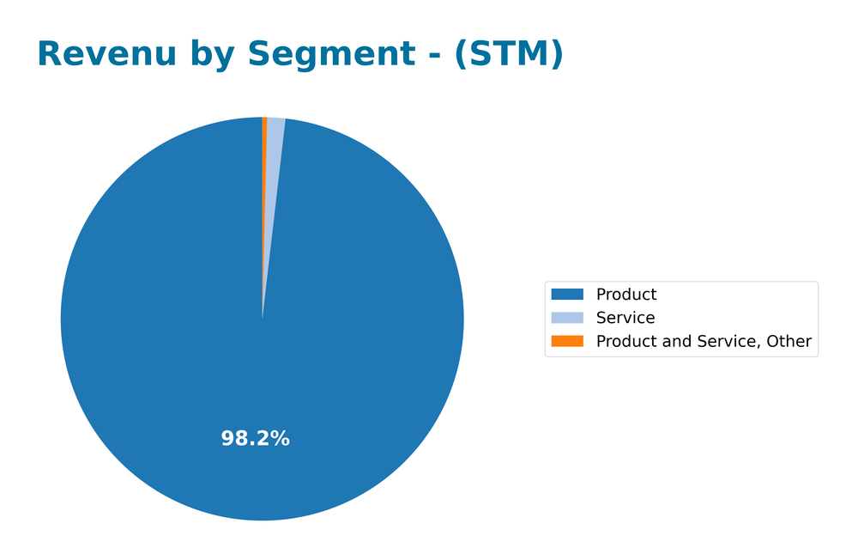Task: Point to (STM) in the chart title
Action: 509,54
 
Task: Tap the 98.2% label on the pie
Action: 255,439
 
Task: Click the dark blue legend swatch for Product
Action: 567,295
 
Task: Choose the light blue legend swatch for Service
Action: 567,318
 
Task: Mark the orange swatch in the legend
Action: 567,341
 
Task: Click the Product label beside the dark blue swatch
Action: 626,295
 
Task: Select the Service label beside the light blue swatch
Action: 625,318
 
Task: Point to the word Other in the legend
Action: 788,341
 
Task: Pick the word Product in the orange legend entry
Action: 626,341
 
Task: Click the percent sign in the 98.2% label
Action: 280,439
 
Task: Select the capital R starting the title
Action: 50,54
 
